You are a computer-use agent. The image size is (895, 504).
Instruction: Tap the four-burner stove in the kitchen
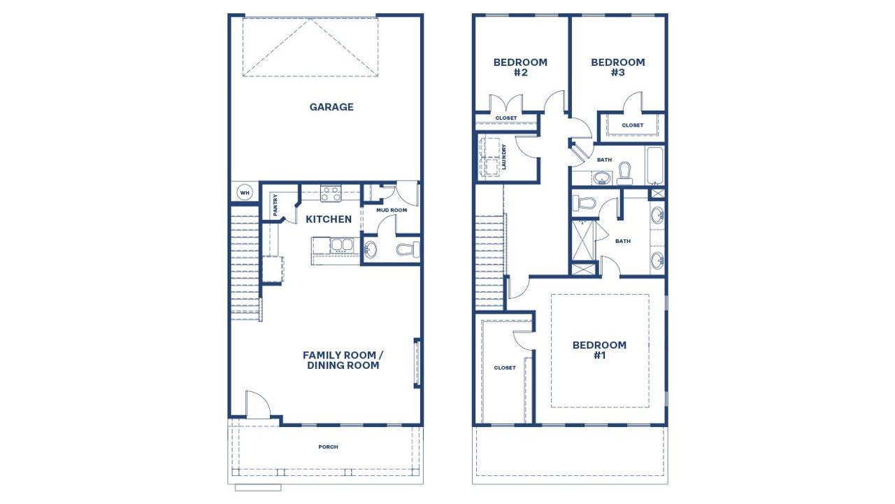[330, 192]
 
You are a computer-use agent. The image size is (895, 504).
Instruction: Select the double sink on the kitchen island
[341, 245]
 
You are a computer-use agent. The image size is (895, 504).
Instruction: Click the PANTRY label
[275, 204]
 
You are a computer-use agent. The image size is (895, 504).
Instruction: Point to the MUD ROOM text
[392, 210]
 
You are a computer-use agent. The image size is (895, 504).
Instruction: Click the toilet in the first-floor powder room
[407, 248]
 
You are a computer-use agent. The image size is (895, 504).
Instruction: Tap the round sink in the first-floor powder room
[371, 249]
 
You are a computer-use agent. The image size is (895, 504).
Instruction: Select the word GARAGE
[331, 107]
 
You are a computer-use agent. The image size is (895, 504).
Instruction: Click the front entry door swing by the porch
[257, 406]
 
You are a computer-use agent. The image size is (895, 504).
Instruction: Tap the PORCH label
[329, 447]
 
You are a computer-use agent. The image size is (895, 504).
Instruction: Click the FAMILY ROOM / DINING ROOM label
[343, 360]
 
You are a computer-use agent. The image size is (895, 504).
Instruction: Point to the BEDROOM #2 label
[520, 67]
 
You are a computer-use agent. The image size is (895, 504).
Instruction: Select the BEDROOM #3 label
[618, 67]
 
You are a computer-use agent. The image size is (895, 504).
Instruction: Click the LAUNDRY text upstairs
[503, 157]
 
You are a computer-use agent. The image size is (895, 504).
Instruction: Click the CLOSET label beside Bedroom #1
[505, 367]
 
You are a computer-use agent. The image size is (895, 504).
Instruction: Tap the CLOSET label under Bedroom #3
[633, 125]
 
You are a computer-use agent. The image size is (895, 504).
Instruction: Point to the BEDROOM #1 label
[599, 350]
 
